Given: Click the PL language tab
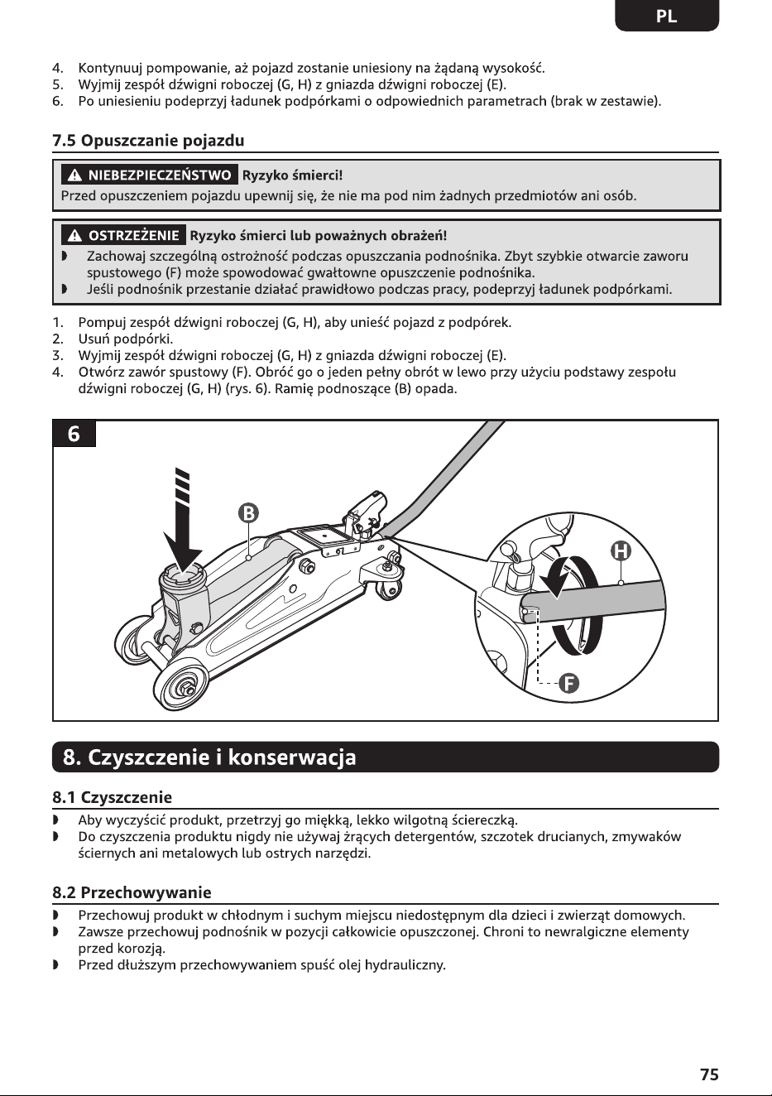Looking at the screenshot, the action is [x=667, y=16].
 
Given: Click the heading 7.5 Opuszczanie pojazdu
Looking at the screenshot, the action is [x=148, y=141].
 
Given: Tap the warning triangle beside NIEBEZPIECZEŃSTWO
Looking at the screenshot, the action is [x=74, y=175].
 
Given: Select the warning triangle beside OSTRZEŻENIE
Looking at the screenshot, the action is [x=74, y=236].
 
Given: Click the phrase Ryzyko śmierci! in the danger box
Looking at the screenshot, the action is [x=293, y=175].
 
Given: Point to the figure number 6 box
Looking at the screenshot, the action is [x=74, y=434].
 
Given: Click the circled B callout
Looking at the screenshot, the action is [x=248, y=512].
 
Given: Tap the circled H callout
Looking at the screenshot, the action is [x=621, y=551].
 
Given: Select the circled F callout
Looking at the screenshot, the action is [x=569, y=683].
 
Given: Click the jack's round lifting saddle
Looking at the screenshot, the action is [x=183, y=576].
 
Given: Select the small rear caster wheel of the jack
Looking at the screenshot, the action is [x=389, y=591].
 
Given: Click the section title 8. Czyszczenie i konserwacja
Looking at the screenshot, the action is [x=209, y=757].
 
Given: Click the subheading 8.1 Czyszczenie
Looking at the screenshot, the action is [x=113, y=797].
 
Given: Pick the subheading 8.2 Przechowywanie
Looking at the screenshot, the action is [x=132, y=892].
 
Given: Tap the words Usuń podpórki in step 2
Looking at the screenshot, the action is [x=126, y=339].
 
